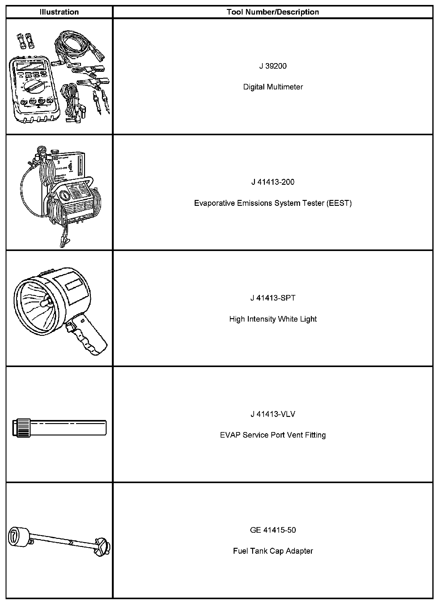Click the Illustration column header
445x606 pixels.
(x=59, y=12)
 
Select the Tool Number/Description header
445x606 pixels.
(x=273, y=12)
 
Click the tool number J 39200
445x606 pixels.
(x=273, y=66)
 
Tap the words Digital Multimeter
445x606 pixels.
(x=273, y=87)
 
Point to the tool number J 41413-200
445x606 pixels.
(x=273, y=182)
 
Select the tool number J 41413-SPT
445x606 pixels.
(x=273, y=298)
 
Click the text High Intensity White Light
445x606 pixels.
(x=273, y=319)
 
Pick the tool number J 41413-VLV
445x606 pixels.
(x=273, y=414)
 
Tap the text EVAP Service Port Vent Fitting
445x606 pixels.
(x=273, y=435)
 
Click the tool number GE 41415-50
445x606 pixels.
(x=273, y=530)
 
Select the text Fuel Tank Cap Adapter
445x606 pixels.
(x=273, y=551)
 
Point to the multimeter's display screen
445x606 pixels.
(x=31, y=66)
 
